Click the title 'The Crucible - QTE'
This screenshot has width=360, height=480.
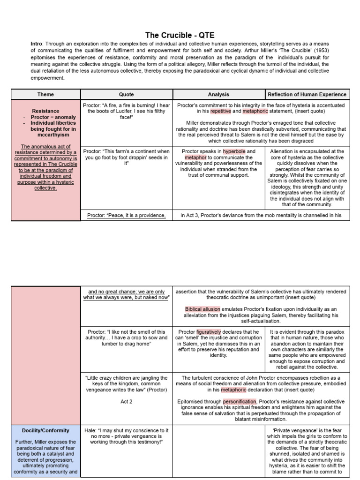tap(180, 35)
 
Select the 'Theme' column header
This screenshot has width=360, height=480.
tap(45, 94)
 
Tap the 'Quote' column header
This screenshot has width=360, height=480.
tap(127, 94)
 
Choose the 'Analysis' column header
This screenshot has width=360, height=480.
tap(218, 94)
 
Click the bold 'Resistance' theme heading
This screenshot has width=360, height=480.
tap(45, 111)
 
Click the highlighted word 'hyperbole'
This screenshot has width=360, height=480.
tap(234, 151)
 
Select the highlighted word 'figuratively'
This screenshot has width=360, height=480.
tap(208, 331)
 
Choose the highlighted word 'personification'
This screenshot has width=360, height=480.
tap(240, 401)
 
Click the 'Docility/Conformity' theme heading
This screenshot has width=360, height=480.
tap(45, 430)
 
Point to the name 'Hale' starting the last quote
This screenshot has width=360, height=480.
tap(90, 430)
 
